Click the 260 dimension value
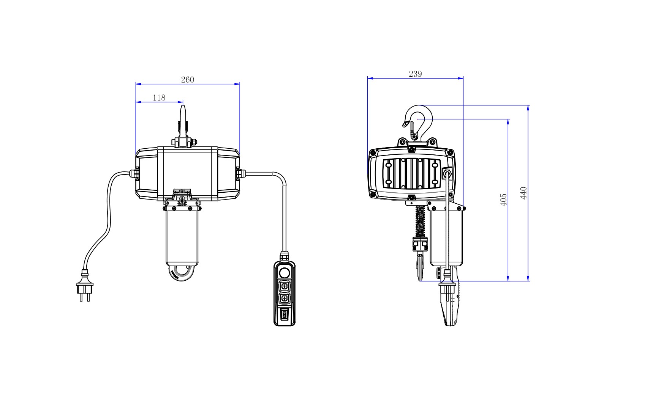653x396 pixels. (187, 80)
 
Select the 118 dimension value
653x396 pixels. (159, 98)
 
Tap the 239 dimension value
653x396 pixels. (415, 74)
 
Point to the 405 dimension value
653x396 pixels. (504, 200)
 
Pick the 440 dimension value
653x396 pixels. (524, 193)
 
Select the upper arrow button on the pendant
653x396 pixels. (284, 286)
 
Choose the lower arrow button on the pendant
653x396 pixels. (284, 299)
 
